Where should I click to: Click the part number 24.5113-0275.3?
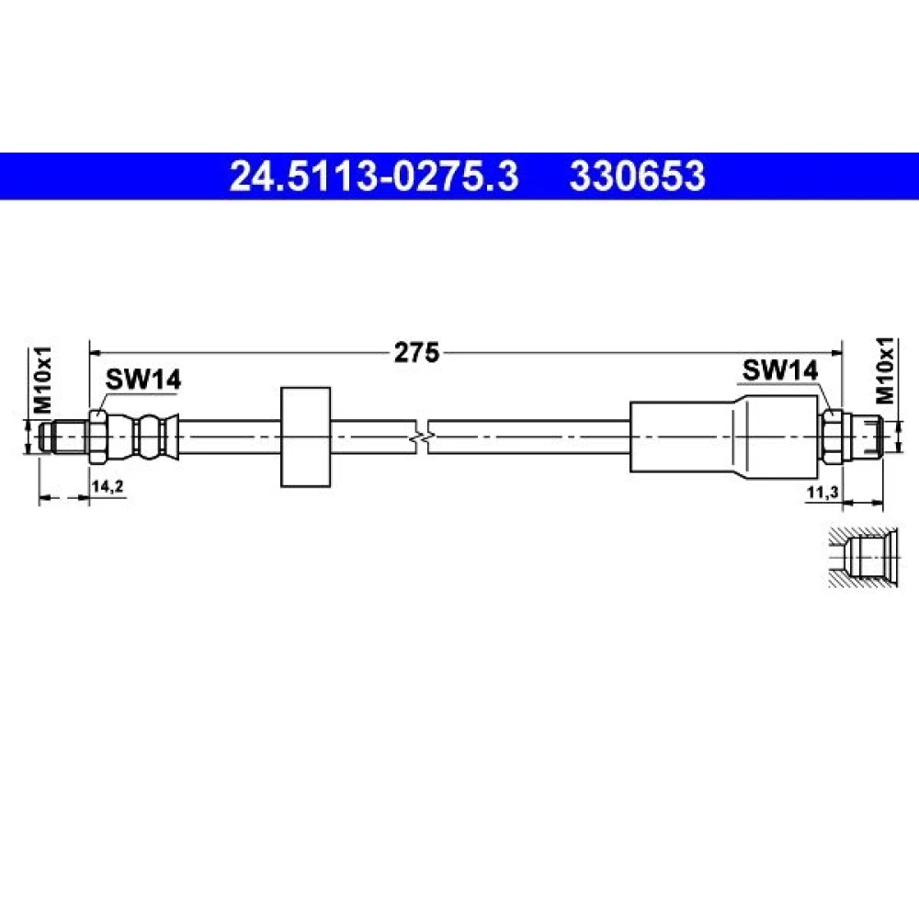click(x=374, y=176)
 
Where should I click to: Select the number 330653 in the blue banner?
click(x=637, y=176)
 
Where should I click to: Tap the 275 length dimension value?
click(x=416, y=352)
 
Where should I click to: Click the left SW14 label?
click(x=143, y=380)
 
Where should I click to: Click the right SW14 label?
click(x=779, y=370)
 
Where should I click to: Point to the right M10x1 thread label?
click(x=885, y=370)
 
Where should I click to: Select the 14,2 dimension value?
click(x=108, y=485)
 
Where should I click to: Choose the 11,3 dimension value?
click(x=823, y=493)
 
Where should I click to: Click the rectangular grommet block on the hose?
click(x=305, y=437)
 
